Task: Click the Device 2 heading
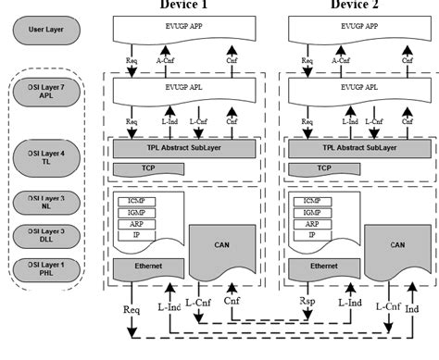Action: (357, 6)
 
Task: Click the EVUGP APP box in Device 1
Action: (185, 31)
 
